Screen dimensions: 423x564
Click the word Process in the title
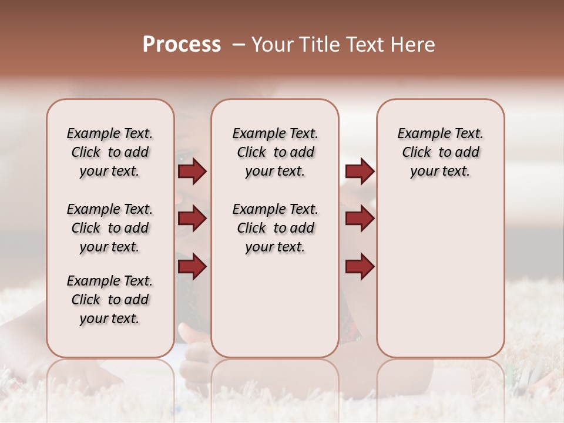182,45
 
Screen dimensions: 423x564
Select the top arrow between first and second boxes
192,172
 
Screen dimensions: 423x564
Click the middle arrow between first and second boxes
192,219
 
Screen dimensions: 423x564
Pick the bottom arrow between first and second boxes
192,267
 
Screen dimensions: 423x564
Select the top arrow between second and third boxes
360,172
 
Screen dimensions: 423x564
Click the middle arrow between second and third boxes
360,219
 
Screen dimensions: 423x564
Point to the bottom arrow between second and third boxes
360,267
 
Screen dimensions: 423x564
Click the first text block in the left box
110,152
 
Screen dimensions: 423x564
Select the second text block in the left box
110,228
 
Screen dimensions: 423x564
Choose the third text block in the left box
110,300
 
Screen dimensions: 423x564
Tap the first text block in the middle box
275,152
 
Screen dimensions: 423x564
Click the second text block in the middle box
275,228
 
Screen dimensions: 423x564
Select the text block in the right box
440,152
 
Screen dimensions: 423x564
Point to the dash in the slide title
238,45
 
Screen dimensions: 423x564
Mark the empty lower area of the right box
440,276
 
